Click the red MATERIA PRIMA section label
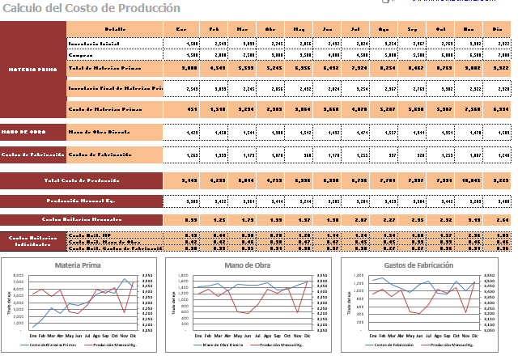point(33,69)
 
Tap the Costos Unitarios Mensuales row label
point(81,218)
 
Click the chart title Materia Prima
point(78,265)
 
